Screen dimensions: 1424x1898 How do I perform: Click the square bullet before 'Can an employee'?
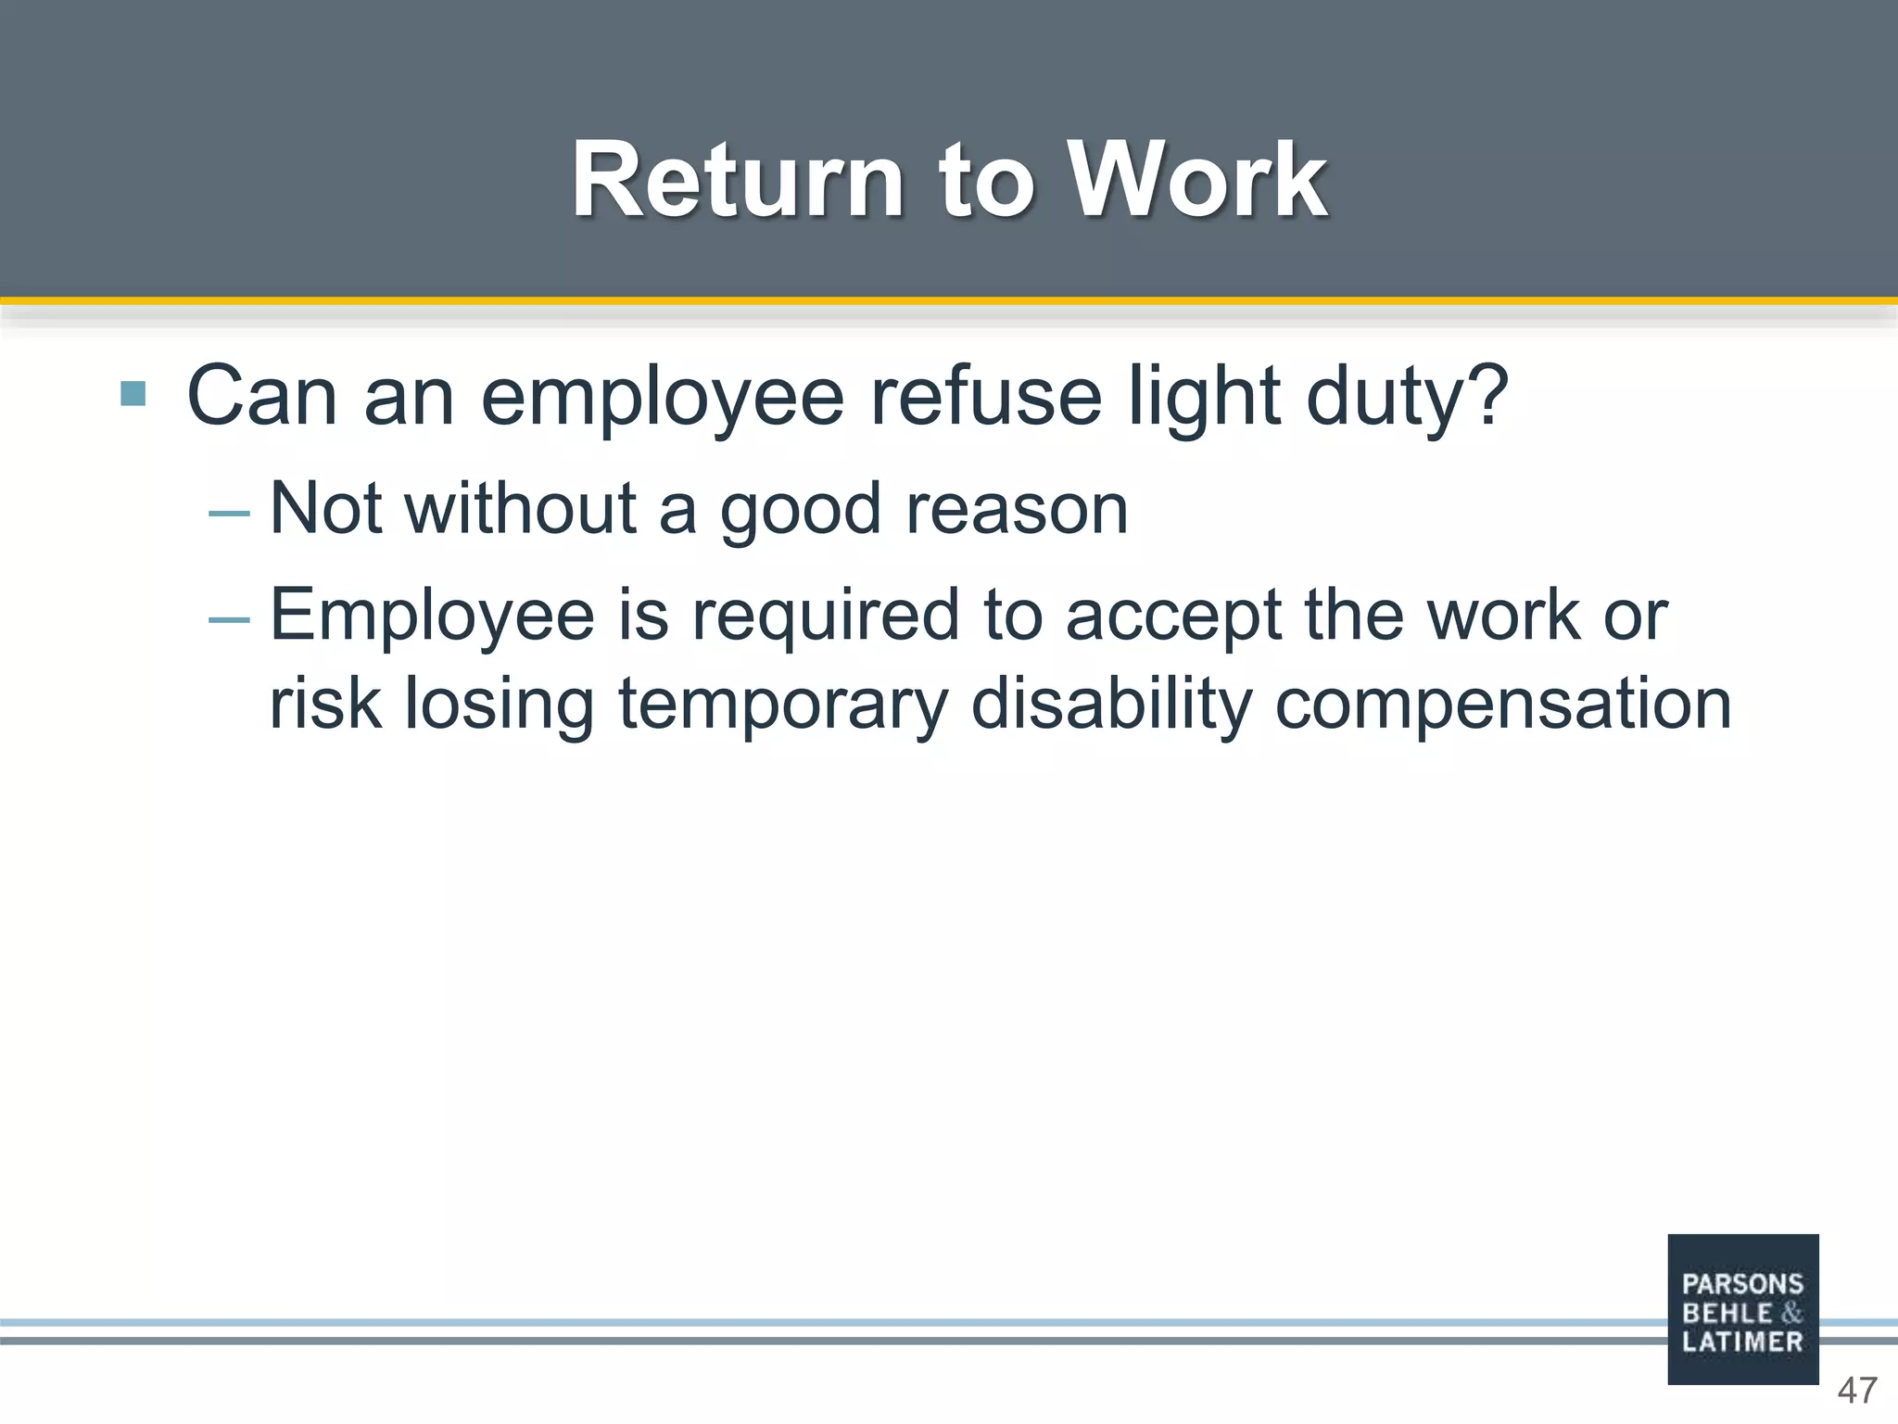pos(133,394)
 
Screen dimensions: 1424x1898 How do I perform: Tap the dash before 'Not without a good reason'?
pos(229,513)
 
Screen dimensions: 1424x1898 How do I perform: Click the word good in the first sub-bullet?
pos(801,512)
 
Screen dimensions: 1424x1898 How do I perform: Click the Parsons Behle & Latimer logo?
pos(1742,1309)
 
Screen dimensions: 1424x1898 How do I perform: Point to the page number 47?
pos(1857,1391)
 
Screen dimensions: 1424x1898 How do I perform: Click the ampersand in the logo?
pos(1791,1313)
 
